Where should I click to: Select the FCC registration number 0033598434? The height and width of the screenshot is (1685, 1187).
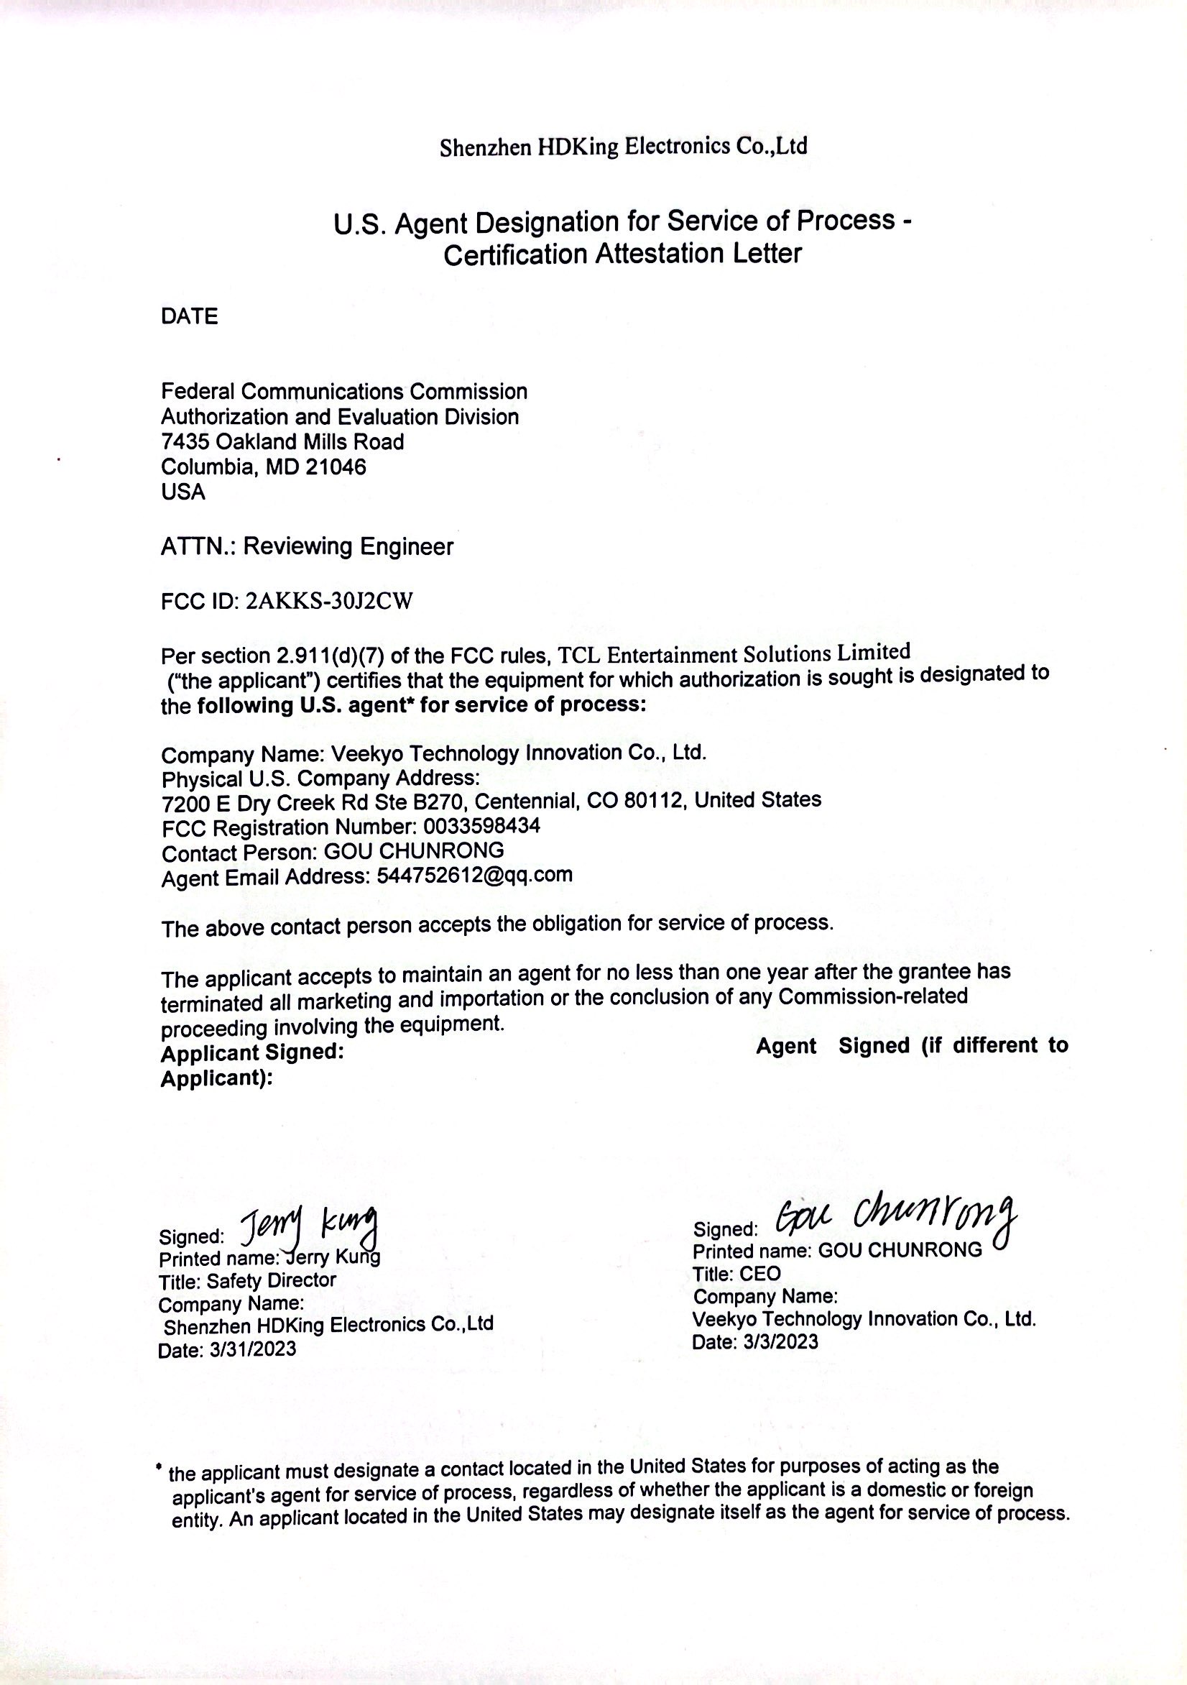(482, 827)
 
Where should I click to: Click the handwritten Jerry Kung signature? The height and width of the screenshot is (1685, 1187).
(310, 1226)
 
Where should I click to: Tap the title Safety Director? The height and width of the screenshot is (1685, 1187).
(272, 1280)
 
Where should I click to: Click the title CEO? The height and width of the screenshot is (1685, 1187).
(761, 1273)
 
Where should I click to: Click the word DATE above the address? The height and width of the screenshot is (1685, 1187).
(189, 317)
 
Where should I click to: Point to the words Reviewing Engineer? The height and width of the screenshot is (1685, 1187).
(348, 547)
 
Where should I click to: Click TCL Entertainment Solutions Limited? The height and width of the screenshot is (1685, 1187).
(734, 653)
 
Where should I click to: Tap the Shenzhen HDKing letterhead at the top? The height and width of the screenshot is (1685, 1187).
(623, 147)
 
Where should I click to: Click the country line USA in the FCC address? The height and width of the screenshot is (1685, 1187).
(183, 492)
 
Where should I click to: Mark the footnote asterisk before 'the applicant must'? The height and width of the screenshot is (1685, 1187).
(160, 1467)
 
